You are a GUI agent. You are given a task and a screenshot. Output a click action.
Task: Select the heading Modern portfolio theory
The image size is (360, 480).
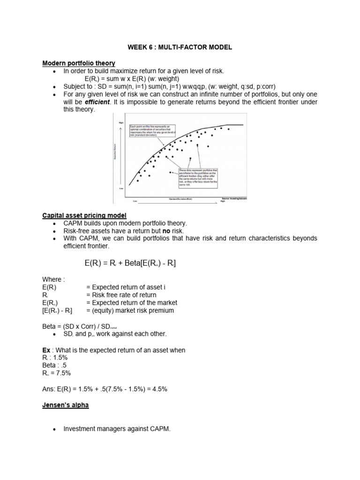(x=79, y=63)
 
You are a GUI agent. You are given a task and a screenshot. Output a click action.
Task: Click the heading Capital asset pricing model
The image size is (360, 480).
(x=84, y=215)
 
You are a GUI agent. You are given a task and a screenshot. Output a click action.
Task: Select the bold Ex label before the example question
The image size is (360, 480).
(x=46, y=350)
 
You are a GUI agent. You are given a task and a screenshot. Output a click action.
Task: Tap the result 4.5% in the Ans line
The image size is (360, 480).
(x=158, y=389)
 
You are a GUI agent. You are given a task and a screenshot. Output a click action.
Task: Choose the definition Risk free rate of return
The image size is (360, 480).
(x=121, y=295)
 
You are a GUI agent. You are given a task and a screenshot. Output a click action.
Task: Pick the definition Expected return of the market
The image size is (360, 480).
(x=132, y=303)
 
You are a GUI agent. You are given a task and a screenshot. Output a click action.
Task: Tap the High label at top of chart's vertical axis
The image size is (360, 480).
(x=120, y=122)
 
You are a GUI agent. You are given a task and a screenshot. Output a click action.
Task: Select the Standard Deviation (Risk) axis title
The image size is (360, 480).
(x=180, y=199)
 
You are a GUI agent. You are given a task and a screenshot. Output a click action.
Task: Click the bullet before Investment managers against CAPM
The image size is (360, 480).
(x=55, y=428)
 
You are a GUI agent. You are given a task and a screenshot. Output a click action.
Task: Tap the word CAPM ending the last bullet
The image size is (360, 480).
(x=160, y=428)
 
